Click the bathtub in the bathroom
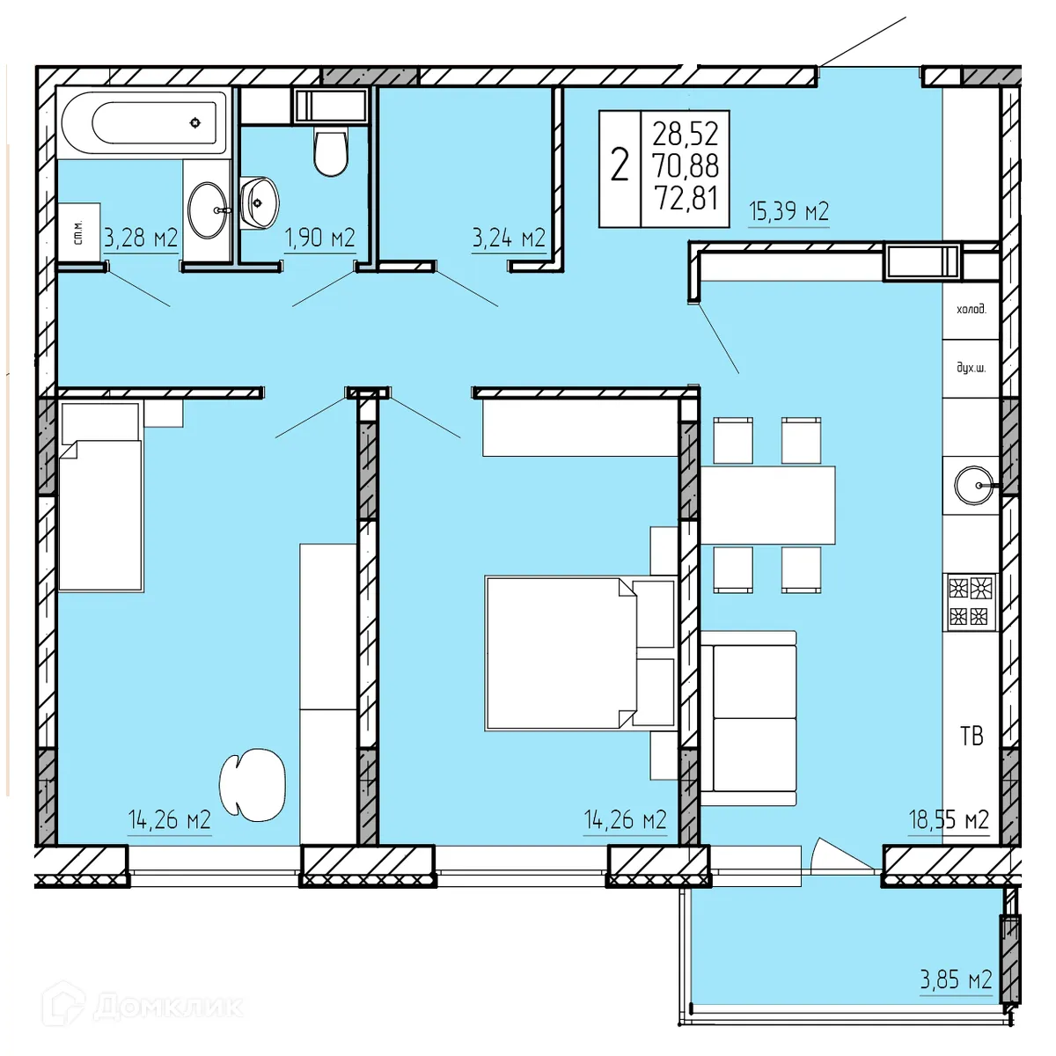coord(143,122)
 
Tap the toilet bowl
coord(331,152)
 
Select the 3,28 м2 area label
coord(141,238)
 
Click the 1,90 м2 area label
coord(319,238)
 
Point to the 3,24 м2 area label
coord(509,238)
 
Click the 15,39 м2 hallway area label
coord(788,211)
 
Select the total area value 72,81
coord(686,198)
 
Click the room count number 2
coord(620,165)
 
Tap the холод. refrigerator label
coord(971,310)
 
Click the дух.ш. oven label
coord(971,368)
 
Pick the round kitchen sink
coord(974,485)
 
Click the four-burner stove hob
coord(970,602)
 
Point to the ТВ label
coord(972,736)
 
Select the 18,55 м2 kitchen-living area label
coord(949,820)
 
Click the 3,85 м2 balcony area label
coord(956,979)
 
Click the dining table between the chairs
coord(767,505)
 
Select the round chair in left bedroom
coord(252,784)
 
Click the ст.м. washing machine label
coord(77,232)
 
